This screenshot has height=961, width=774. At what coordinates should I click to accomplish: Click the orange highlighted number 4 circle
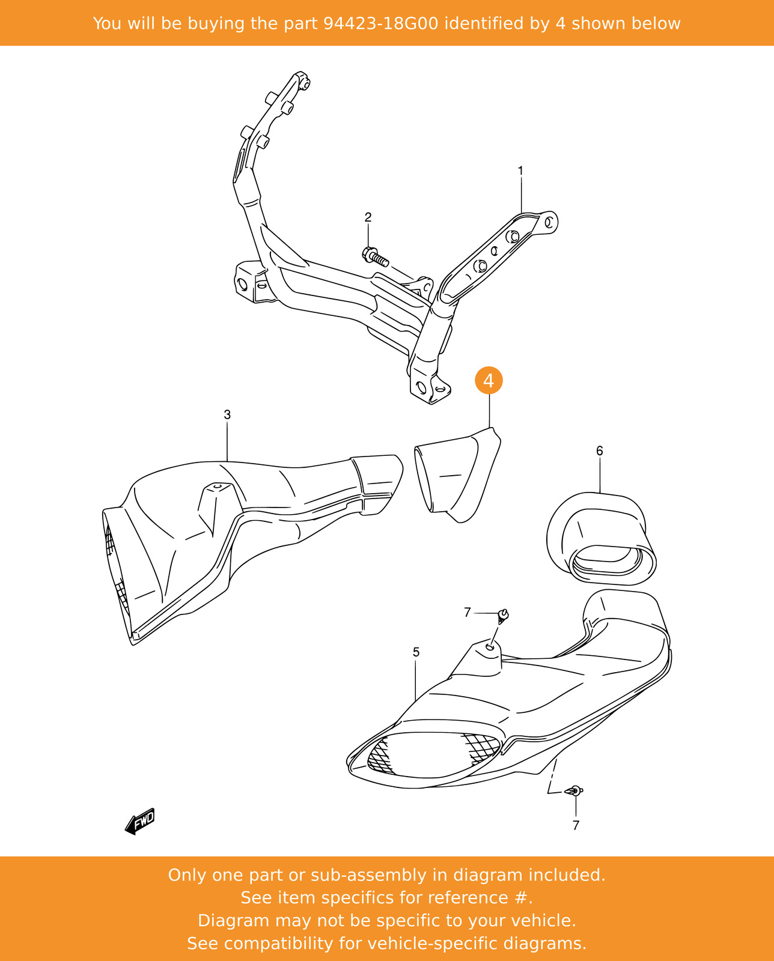[489, 380]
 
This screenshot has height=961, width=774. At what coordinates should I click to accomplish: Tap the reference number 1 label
[520, 171]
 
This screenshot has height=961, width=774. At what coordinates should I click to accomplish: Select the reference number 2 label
[368, 217]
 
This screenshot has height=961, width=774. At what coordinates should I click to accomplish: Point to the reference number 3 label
[227, 414]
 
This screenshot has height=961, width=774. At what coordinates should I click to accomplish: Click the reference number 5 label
[416, 652]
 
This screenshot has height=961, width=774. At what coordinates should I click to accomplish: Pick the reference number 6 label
[599, 450]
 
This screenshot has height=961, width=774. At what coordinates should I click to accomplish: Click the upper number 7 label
[467, 612]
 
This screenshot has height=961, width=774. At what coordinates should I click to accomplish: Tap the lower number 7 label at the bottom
[576, 825]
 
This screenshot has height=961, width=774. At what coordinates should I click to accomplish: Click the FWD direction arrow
[141, 820]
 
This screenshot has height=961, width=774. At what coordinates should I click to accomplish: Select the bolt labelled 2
[376, 257]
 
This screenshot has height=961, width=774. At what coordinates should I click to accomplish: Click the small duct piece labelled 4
[457, 474]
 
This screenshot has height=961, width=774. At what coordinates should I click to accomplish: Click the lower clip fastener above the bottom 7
[575, 791]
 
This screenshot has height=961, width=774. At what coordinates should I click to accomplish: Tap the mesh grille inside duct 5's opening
[433, 754]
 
